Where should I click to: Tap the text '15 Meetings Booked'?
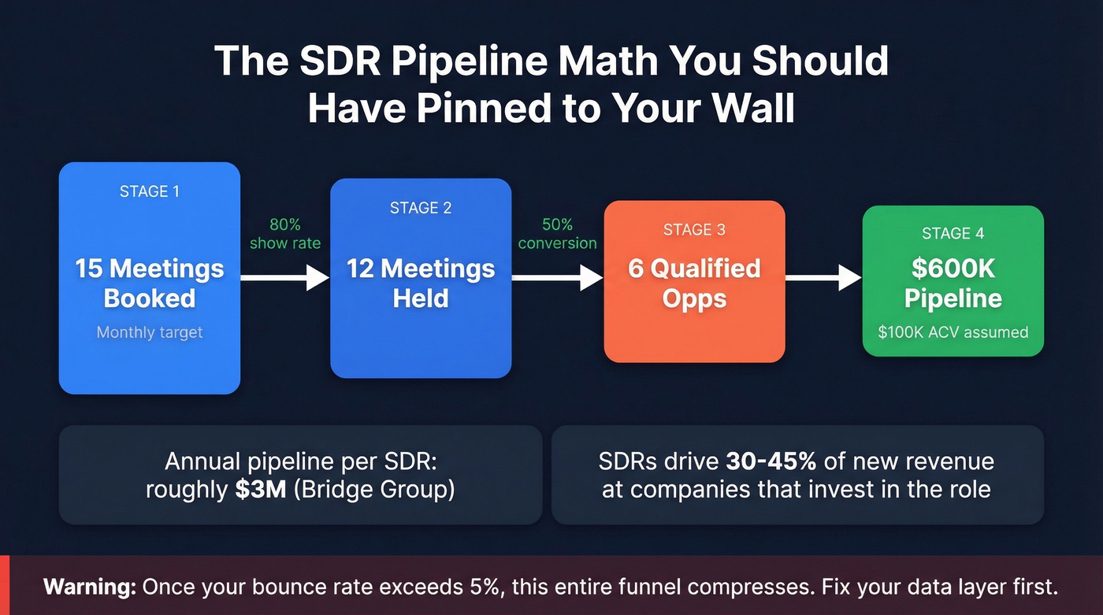pos(150,283)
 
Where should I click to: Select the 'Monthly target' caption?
pos(150,332)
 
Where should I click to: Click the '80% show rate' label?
pos(285,234)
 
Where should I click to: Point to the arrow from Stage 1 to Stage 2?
pos(284,277)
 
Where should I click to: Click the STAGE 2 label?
pos(421,208)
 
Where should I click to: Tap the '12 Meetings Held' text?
pos(421,283)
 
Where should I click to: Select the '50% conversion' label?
pos(557,234)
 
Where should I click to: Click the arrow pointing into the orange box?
pos(557,277)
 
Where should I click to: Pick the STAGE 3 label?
pos(694,230)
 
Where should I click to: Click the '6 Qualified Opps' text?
pos(694,283)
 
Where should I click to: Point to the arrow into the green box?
pos(823,277)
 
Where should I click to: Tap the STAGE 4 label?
pos(953,233)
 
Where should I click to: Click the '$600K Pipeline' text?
pos(953,283)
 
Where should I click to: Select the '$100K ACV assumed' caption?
pos(953,332)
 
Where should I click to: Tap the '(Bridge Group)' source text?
pos(368,489)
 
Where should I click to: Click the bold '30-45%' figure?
pos(771,461)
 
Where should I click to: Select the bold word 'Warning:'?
pos(90,587)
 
